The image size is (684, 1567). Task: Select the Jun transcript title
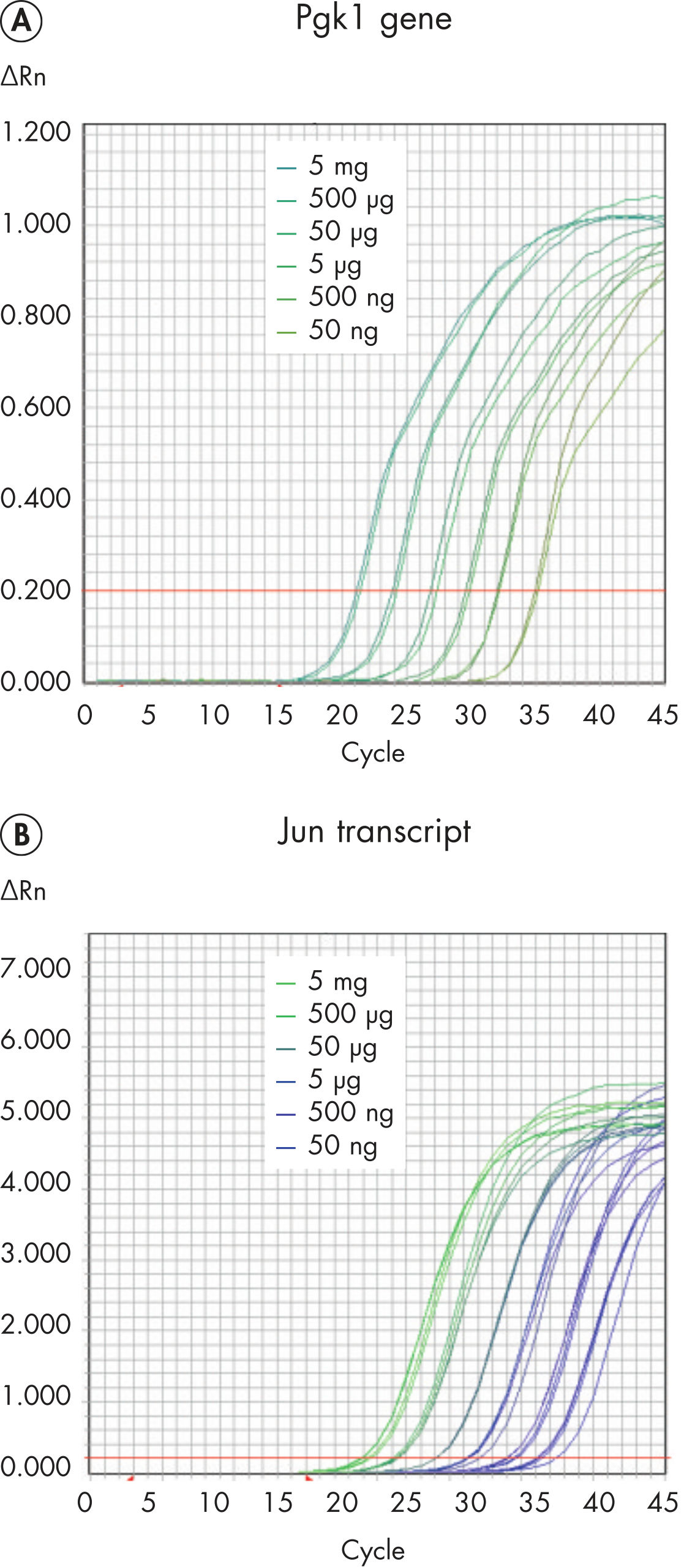(x=374, y=831)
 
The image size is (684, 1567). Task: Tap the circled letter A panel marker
(x=21, y=21)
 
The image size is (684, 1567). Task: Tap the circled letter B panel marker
(x=21, y=835)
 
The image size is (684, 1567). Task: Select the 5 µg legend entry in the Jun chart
(x=334, y=1080)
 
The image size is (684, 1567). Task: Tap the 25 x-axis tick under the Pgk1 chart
(x=405, y=715)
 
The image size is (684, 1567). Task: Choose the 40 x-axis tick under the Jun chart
(x=598, y=1503)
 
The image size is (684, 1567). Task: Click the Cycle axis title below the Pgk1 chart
(x=373, y=753)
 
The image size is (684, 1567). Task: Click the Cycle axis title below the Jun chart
(x=373, y=1550)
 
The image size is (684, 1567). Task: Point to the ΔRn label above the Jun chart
(x=23, y=891)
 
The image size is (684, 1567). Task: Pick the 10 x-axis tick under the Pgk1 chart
(x=214, y=715)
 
